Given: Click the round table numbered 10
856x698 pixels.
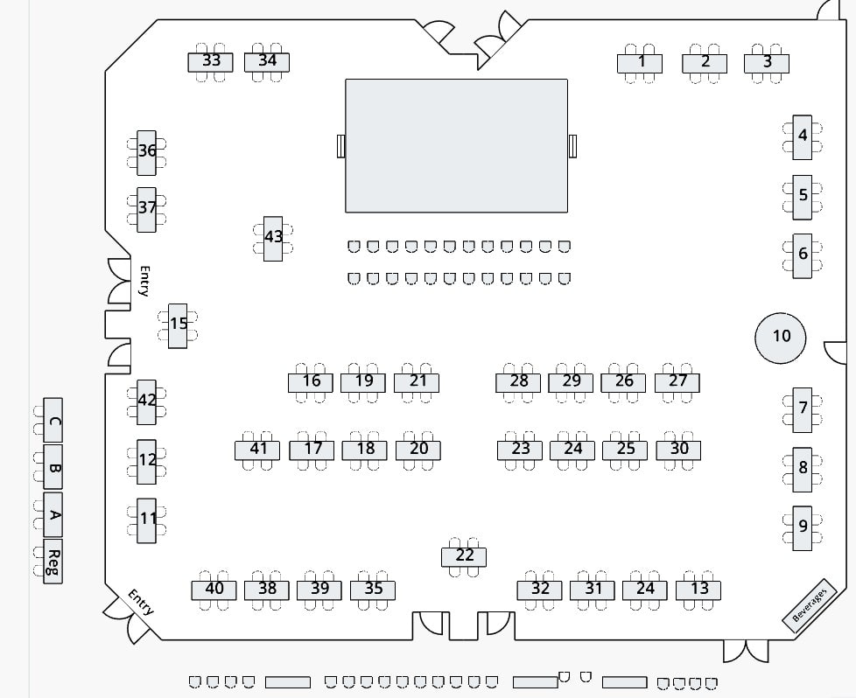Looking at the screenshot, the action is point(781,338).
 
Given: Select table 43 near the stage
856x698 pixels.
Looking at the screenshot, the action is point(273,239).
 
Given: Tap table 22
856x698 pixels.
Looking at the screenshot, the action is point(464,557).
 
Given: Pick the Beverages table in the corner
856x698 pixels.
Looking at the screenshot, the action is point(810,606).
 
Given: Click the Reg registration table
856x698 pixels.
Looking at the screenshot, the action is point(53,561).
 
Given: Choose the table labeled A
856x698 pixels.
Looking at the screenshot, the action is point(53,514).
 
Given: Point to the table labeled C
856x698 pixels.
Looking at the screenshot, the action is point(53,420).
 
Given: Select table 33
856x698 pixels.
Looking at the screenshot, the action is point(211,62).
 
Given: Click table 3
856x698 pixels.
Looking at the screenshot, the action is point(767,63).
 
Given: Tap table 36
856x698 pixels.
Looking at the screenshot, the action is point(146,153).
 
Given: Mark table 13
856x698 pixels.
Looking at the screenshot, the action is point(698,590).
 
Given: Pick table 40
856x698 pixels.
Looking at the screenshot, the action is point(214,590).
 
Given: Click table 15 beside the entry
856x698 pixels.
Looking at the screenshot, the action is point(178,325).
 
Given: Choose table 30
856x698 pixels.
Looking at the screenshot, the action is point(678,450).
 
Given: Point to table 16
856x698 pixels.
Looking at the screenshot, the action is point(311,382).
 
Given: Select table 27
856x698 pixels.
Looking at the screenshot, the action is point(677,382).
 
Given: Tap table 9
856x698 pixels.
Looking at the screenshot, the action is point(803,528).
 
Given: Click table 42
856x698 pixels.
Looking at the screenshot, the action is point(146,402).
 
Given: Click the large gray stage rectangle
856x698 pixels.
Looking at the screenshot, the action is point(456,146).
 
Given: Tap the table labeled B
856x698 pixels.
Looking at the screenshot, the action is point(53,467).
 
